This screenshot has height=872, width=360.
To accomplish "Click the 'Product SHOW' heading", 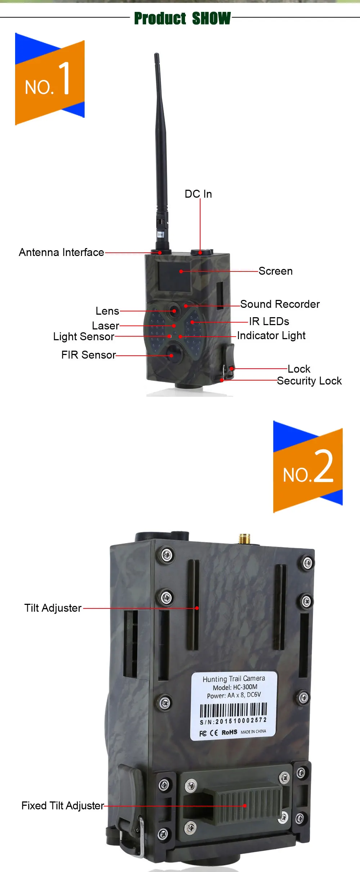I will coord(182,18).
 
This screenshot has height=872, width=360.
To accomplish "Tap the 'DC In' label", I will coord(198,194).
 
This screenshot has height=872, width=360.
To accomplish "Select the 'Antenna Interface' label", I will coord(62,252).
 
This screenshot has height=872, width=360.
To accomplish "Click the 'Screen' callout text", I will coord(275,271).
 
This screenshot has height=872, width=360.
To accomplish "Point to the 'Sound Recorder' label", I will coord(280,304).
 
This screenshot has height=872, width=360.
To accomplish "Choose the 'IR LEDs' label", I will coord(269,321).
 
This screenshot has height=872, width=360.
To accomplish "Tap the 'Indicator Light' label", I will coord(271,336).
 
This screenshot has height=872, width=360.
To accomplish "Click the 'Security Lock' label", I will coord(309,381).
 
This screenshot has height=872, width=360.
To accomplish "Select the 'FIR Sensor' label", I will coord(89,355).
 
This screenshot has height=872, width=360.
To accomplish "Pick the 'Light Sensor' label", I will coord(84,337).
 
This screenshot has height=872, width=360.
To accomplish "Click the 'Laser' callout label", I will coord(105,326).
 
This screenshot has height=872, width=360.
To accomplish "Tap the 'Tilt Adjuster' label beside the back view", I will coord(53,608).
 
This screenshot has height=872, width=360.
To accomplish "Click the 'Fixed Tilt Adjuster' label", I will coord(63,806).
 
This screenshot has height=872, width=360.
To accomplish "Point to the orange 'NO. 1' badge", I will coord(50,79).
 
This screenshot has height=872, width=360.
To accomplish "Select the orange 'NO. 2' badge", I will coord(308,467).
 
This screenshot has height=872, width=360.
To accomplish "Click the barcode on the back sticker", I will coord(233,710).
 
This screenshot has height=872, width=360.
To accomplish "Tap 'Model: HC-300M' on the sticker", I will coord(235,687).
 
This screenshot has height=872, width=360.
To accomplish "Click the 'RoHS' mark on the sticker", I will coord(229,732).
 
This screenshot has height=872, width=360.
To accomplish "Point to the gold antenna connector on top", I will coord(244,539).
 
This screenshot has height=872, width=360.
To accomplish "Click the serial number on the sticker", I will coord(233,721).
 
